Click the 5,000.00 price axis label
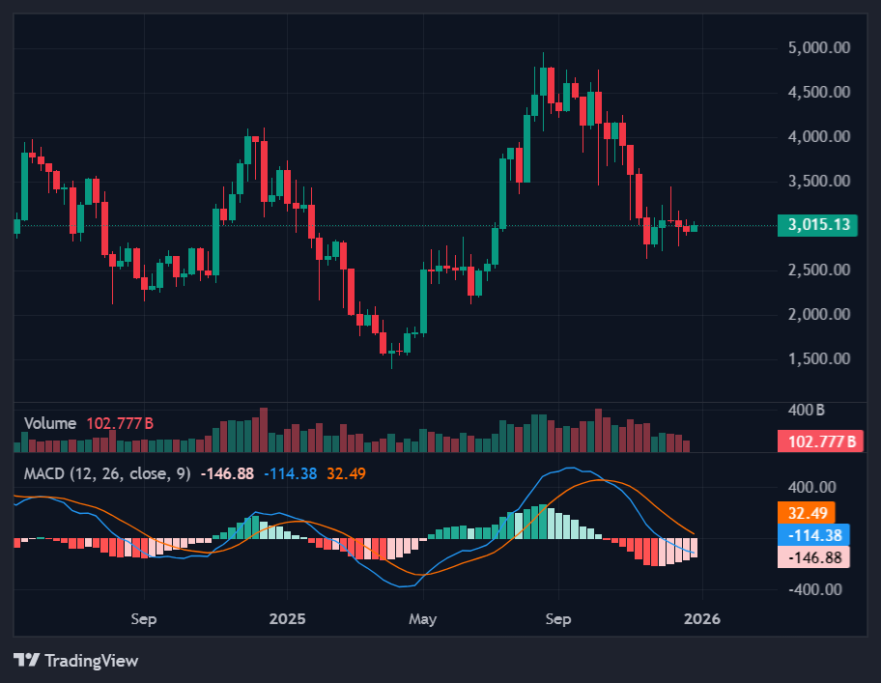819,48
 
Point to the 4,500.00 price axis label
819,93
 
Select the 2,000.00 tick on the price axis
819,314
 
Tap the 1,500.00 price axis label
819,358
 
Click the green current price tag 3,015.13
818,225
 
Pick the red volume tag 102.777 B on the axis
818,442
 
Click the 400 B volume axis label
806,410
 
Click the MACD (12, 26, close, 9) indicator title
107,473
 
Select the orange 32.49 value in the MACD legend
346,473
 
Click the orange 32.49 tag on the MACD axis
805,513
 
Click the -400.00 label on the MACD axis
815,589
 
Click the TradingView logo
76,661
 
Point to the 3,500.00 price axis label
819,182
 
